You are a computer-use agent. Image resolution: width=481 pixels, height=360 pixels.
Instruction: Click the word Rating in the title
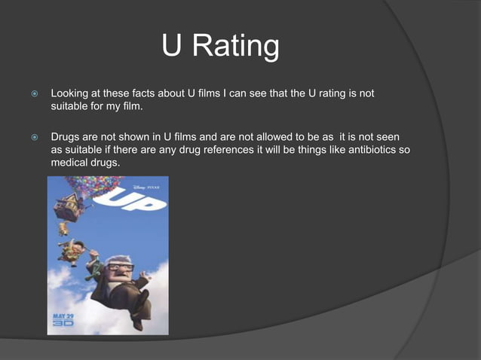click(237, 47)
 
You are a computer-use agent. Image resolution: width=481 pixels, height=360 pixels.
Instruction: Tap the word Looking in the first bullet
click(70, 94)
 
